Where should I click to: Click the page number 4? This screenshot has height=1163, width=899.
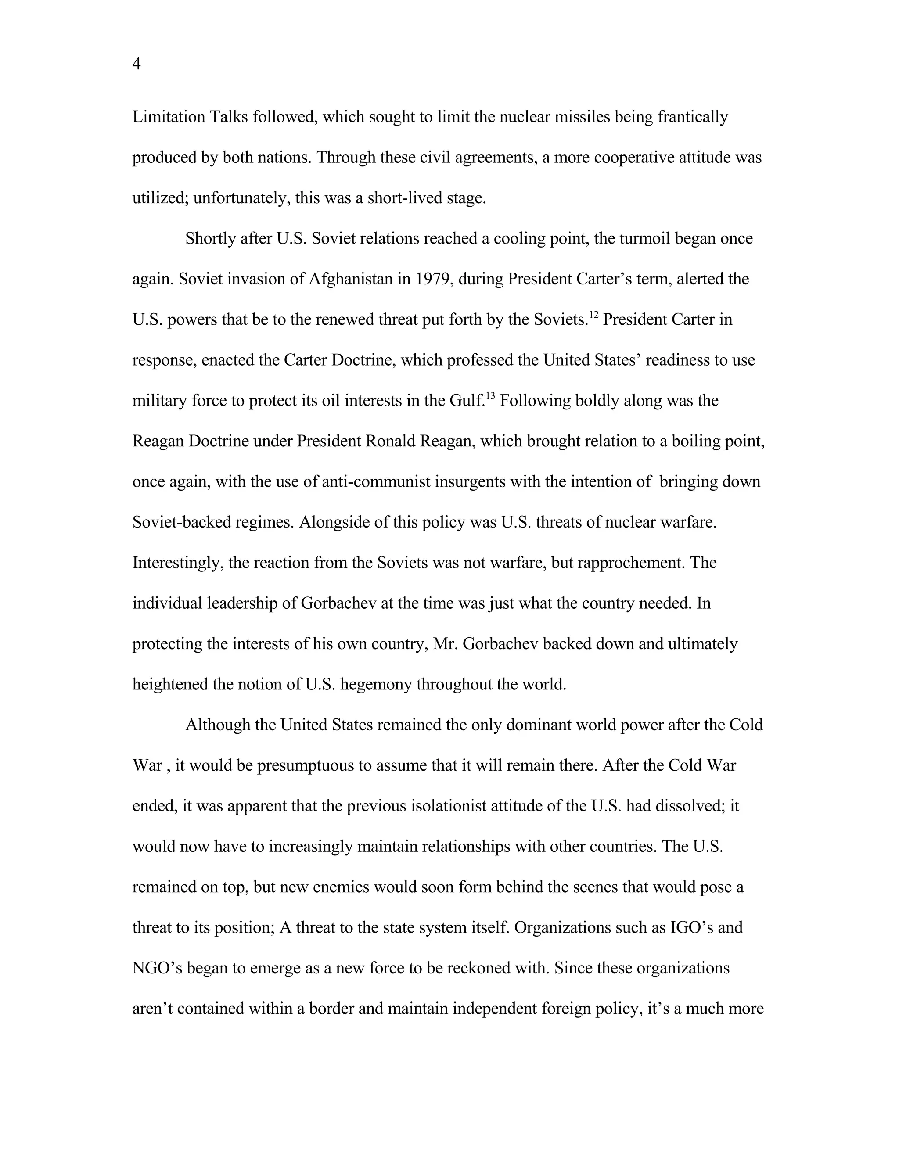[137, 65]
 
